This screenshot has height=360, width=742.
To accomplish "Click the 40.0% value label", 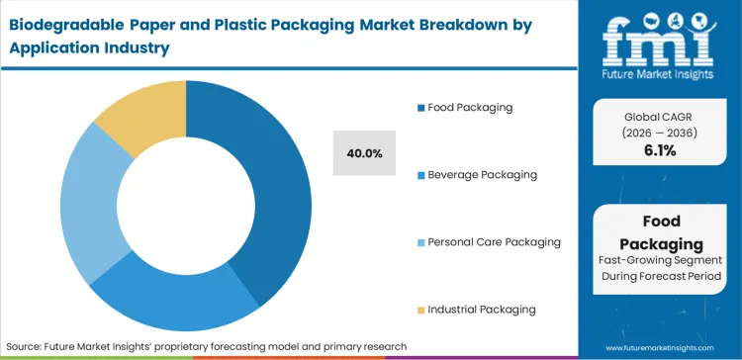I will tap(365, 153).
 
